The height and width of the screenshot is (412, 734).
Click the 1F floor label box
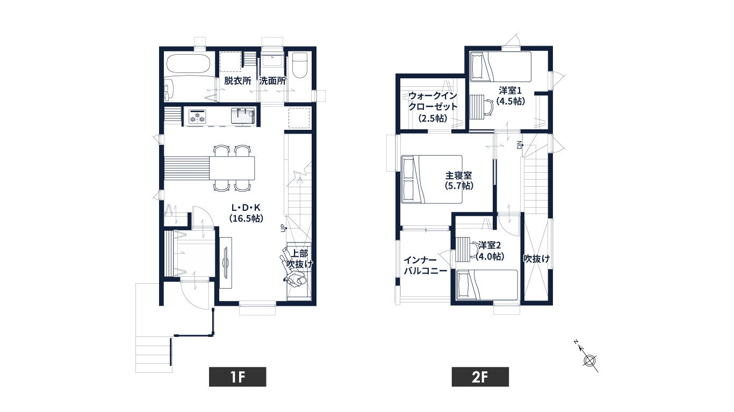[238, 377]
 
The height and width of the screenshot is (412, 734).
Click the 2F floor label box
[480, 377]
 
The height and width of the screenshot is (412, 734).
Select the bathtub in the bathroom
[188, 64]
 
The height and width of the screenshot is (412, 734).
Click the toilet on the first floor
[300, 65]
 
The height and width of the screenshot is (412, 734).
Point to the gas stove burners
[197, 116]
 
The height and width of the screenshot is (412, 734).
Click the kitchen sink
[243, 116]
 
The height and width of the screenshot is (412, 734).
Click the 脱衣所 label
[238, 81]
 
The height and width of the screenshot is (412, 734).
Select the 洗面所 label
[272, 81]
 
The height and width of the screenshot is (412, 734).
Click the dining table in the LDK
[232, 168]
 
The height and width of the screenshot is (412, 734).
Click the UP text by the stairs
[283, 228]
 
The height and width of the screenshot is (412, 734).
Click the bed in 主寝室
[432, 179]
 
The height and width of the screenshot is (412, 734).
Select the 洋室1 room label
[510, 90]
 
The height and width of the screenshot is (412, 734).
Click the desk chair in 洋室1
[487, 107]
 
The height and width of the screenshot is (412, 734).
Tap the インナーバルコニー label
[426, 266]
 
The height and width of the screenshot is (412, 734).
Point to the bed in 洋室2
[487, 285]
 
